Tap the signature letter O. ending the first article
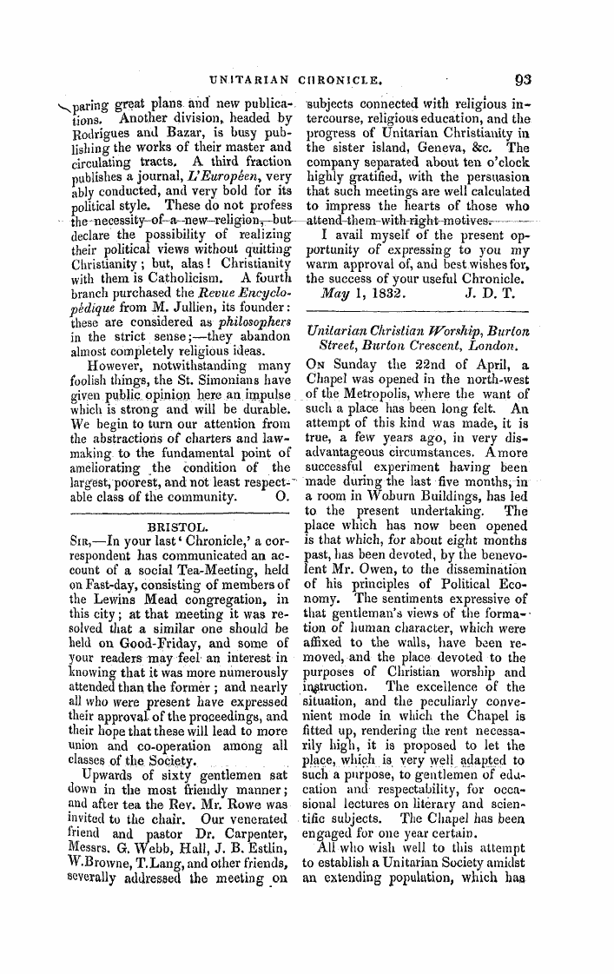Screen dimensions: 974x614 click(280, 499)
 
